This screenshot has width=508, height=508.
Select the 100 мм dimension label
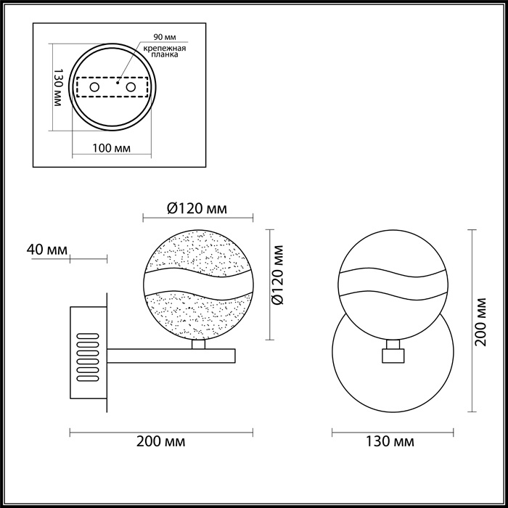click(x=112, y=149)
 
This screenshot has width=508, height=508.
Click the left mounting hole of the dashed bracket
click(x=94, y=87)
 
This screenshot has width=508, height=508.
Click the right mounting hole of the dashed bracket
click(x=131, y=87)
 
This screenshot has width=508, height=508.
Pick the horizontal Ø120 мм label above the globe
click(x=197, y=209)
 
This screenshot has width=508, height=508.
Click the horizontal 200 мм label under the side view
click(x=160, y=441)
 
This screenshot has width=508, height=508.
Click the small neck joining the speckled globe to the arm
click(x=197, y=344)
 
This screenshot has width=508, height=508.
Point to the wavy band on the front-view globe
click(x=392, y=284)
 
